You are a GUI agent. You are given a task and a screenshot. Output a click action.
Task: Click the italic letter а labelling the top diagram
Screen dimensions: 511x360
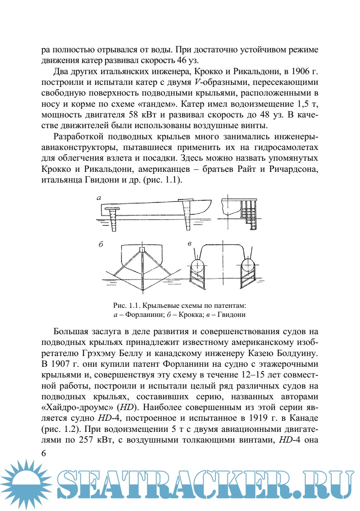coord(99,199)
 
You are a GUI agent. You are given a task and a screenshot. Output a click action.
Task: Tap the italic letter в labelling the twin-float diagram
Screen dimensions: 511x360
coord(189,244)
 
